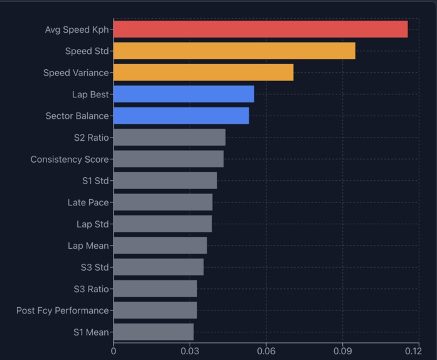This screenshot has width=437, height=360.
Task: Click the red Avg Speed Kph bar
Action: tap(261, 30)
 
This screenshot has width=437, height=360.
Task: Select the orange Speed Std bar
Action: tap(234, 51)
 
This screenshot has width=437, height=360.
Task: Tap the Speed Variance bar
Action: tap(203, 73)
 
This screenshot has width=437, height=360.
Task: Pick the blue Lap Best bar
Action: tap(184, 94)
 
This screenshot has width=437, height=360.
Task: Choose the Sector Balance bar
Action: tap(181, 116)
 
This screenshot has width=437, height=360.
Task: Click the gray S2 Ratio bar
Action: tap(170, 138)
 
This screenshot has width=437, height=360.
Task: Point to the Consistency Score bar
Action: tap(168, 159)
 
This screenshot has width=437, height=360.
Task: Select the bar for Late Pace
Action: tap(163, 202)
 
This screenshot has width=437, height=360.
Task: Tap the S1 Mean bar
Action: tap(154, 332)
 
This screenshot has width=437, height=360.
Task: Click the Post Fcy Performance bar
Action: tap(155, 310)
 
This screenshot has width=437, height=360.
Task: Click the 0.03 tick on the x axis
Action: tap(190, 351)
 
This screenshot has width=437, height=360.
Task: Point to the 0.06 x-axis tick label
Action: tap(266, 351)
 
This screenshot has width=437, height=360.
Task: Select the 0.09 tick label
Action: tap(343, 351)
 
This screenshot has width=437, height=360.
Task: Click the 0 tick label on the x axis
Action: tap(114, 351)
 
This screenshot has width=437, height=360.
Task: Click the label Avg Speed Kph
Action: tap(77, 30)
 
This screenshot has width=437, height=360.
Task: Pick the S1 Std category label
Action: tap(95, 181)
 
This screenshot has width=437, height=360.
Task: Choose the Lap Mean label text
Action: tap(88, 246)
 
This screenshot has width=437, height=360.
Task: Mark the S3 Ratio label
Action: tap(91, 289)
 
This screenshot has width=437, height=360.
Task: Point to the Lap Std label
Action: tap(92, 224)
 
